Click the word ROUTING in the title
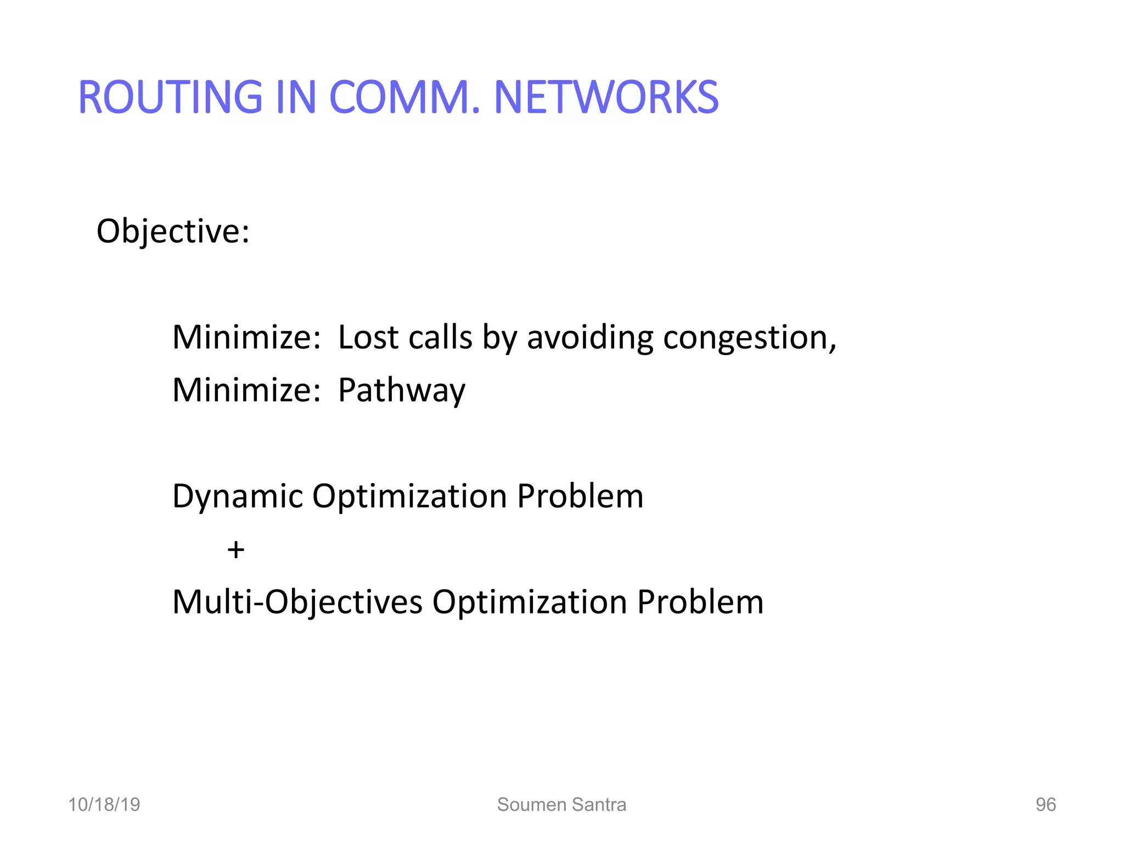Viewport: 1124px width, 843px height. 171,98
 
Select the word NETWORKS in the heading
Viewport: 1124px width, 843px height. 606,98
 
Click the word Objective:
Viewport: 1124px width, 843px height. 173,232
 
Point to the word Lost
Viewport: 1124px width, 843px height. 368,337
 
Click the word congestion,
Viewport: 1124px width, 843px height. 750,338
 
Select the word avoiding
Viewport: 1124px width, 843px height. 590,337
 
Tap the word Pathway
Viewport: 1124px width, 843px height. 401,391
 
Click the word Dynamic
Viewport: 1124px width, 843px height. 238,497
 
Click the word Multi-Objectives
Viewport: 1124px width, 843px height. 297,603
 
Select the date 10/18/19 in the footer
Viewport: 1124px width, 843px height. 104,805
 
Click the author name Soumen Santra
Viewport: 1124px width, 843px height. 561,805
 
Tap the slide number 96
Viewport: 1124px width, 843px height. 1046,805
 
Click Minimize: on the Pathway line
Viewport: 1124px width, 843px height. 246,390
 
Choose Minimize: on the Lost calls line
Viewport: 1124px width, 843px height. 246,337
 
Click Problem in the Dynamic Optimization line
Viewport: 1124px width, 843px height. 580,497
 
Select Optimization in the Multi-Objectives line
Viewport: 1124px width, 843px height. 530,603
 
